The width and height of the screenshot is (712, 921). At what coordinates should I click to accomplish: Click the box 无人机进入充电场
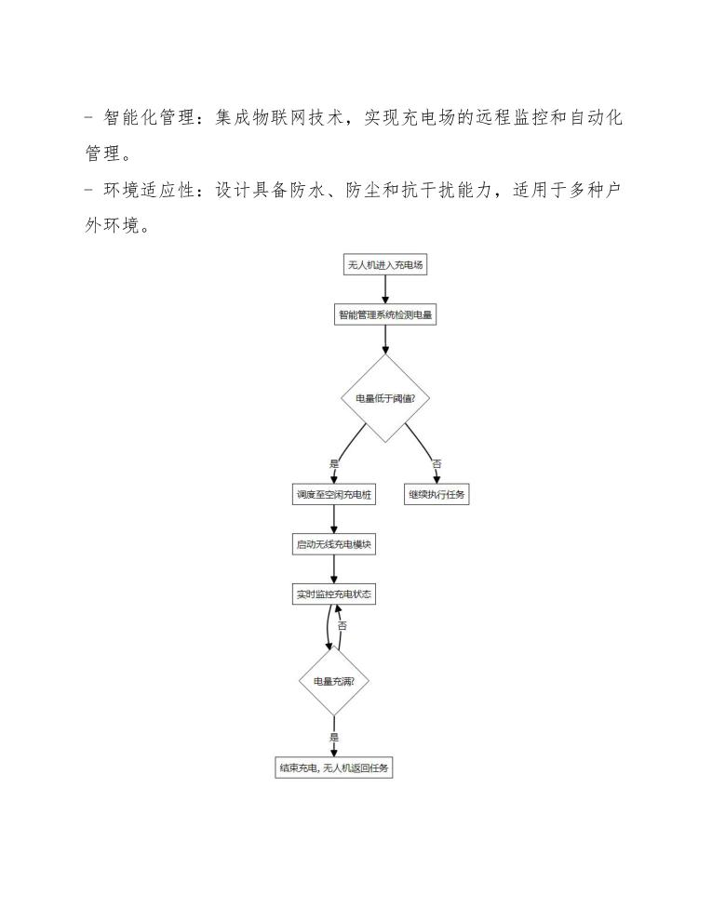click(x=385, y=265)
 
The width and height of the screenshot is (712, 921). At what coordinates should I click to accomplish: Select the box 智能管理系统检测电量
click(x=384, y=314)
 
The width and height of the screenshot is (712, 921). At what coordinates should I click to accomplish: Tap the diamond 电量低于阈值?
click(x=385, y=398)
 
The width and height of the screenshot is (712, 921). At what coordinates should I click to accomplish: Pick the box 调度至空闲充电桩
click(x=333, y=495)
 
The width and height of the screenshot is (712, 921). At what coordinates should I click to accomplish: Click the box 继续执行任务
click(x=437, y=495)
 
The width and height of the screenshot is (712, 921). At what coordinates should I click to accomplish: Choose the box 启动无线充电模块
click(x=333, y=545)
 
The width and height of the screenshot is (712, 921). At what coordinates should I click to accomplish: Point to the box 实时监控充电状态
click(x=333, y=594)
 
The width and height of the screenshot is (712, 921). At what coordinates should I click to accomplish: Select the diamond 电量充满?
click(x=333, y=681)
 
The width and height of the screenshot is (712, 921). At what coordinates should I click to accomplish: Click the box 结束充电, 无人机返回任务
click(x=333, y=768)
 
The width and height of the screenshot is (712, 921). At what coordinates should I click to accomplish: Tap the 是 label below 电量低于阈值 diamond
click(x=334, y=462)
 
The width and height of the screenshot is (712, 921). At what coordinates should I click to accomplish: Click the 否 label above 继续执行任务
click(x=437, y=462)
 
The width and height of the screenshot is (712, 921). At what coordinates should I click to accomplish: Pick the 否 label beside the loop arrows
click(x=343, y=626)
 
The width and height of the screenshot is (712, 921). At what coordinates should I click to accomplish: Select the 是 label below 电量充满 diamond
click(x=334, y=737)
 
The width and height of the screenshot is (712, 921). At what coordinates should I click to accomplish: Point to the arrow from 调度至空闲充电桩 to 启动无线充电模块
click(x=333, y=520)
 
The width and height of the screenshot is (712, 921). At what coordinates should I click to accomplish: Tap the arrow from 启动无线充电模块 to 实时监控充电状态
click(x=333, y=569)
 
